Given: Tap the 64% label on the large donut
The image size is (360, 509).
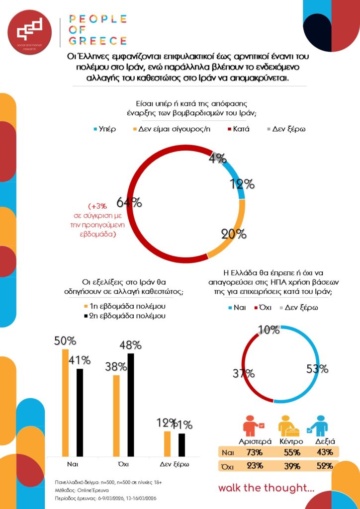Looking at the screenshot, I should click(129, 202).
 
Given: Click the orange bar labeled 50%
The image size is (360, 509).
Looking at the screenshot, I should click(65, 403).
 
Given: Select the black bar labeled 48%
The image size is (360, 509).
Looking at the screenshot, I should click(131, 405).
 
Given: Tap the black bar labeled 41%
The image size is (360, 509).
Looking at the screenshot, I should click(80, 413).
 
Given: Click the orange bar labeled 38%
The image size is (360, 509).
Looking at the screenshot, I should click(116, 416).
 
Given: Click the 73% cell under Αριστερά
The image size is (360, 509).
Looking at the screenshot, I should click(255, 452).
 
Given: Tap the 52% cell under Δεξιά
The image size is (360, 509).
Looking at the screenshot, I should click(325, 466).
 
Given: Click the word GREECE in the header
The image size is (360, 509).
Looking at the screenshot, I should click(97, 41).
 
